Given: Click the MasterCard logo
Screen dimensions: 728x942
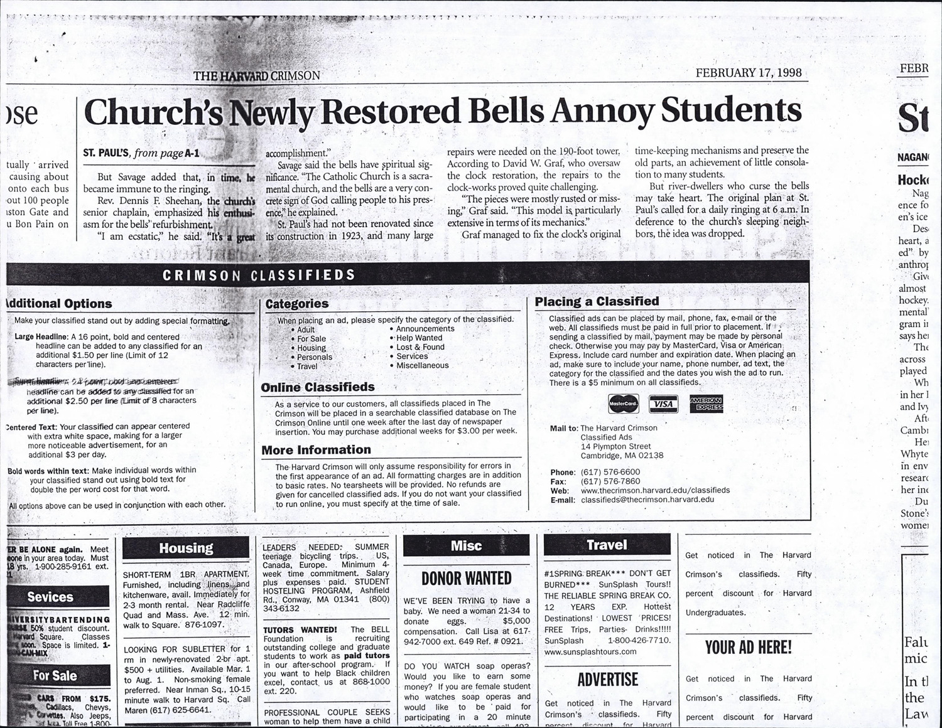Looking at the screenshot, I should (623, 404).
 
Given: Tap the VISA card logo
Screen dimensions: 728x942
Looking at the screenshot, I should (663, 404).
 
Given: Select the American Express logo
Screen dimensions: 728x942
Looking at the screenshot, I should (706, 404).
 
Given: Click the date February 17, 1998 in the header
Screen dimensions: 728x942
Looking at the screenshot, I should (749, 72).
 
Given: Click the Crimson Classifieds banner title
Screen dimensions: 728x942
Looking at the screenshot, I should (259, 275).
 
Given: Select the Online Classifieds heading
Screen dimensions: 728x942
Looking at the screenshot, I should (318, 387).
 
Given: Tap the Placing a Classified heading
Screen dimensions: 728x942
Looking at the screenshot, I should (597, 301).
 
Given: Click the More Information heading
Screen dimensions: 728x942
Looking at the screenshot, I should (316, 450).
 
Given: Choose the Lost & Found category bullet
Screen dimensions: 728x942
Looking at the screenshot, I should (420, 347).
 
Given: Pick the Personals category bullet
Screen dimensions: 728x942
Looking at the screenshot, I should (314, 357).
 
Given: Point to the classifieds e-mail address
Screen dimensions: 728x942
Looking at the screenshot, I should (647, 500).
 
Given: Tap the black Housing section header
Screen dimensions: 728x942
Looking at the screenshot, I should (186, 549).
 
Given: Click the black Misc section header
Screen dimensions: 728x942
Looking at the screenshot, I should (466, 546).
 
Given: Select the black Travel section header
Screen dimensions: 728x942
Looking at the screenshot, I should (607, 545).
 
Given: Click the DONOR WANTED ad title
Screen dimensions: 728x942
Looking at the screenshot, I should (466, 579).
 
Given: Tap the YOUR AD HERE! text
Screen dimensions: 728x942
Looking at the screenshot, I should (748, 647).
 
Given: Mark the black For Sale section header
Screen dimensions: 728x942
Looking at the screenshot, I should (55, 676).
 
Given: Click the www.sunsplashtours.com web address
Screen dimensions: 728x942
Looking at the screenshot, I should (590, 651).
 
